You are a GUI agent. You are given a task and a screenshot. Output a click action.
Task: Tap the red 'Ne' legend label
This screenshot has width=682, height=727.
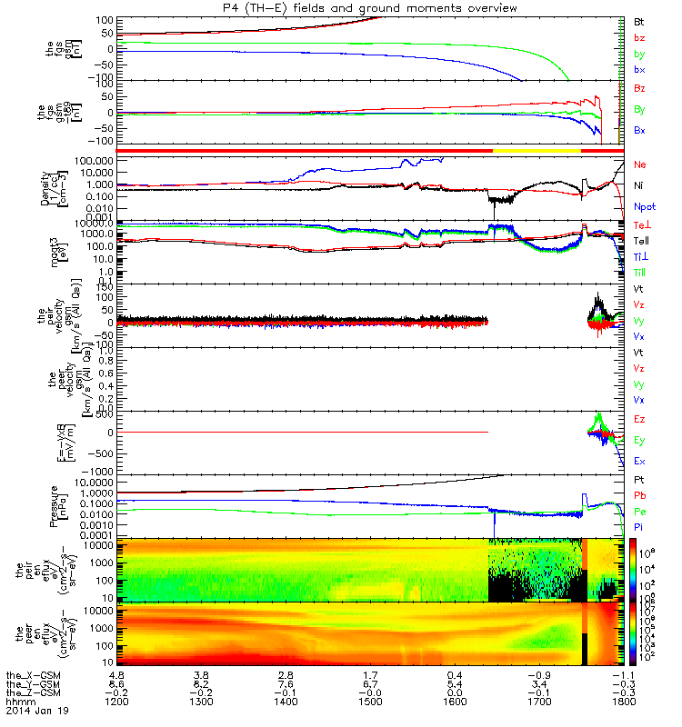point(640,165)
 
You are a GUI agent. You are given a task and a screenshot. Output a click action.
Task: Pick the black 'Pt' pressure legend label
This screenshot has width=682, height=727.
point(639,478)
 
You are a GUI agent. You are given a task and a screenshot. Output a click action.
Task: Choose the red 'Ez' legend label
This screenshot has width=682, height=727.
point(639,419)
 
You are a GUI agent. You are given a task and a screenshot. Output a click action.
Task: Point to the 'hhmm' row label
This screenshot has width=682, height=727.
point(18,702)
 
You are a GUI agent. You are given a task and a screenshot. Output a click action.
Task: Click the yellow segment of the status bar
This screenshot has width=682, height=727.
point(537,150)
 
